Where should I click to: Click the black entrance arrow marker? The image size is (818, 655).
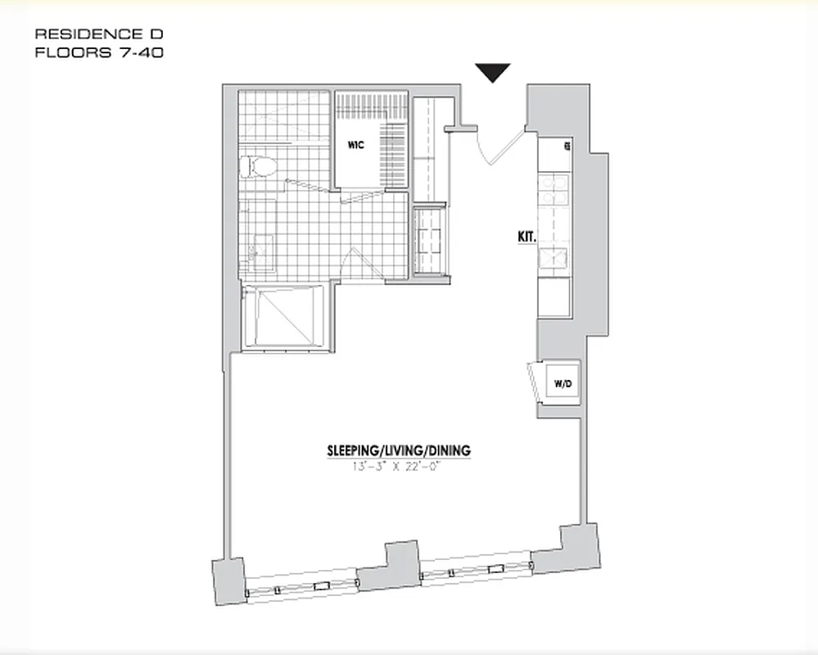point(494,72)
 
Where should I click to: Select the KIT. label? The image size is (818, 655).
point(526,237)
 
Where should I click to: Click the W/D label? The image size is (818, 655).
point(562,382)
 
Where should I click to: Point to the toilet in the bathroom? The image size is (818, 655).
point(259,167)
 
